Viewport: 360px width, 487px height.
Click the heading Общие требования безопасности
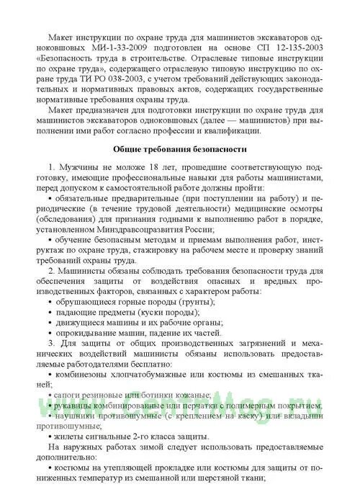181,149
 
